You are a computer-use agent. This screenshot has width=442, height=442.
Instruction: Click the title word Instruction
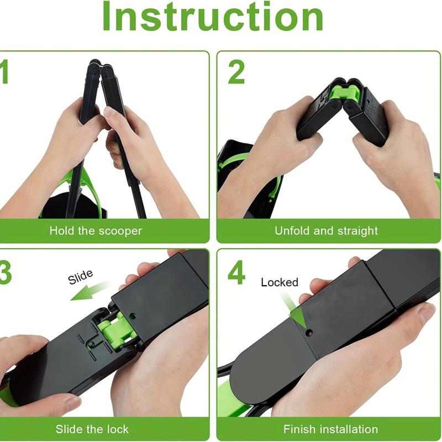pos(213,18)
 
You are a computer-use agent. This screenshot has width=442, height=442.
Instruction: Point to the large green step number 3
pos(4,272)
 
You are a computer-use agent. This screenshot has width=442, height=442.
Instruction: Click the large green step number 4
pos(236,272)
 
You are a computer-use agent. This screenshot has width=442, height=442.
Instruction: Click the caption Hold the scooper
pos(95,230)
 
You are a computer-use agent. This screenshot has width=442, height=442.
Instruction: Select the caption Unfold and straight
pos(326,230)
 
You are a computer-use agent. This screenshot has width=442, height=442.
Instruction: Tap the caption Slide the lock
pos(92,429)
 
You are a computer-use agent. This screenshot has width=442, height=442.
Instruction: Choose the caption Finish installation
pos(330,429)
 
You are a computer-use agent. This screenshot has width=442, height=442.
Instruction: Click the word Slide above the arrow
pos(81,276)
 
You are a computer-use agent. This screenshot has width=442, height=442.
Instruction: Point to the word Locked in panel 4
pos(280,282)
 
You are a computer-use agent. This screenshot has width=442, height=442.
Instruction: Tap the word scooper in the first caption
pos(120,230)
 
